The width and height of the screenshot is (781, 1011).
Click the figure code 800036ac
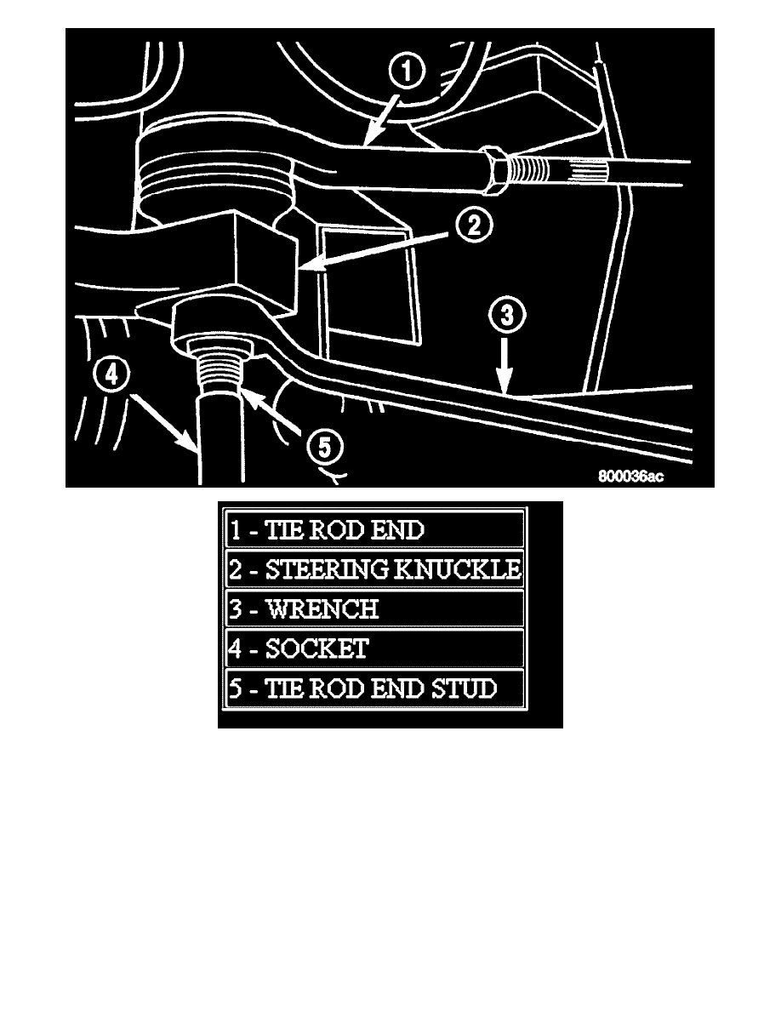630,477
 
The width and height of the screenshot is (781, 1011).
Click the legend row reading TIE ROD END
374,529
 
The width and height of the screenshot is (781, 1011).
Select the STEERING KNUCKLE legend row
374,569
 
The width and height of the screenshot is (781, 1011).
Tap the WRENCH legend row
374,609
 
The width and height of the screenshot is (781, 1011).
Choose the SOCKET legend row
374,649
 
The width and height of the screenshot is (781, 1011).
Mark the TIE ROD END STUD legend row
374,688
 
